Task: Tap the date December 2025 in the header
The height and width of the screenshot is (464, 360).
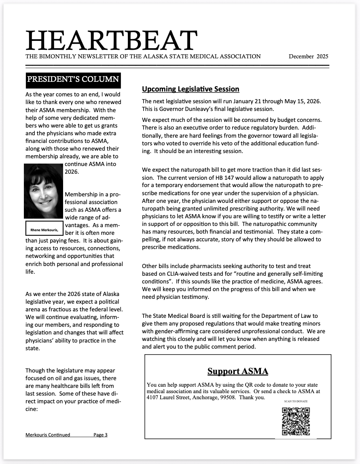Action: point(308,56)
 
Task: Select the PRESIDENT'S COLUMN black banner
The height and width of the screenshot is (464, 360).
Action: point(73,80)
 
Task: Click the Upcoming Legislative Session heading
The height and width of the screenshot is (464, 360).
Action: point(191,89)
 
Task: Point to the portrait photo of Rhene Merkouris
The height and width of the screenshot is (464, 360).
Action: point(43,191)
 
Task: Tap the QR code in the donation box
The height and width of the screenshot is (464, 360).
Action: point(296,421)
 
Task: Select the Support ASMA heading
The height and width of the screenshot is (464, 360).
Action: point(237,371)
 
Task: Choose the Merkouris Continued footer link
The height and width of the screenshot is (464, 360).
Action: point(48,435)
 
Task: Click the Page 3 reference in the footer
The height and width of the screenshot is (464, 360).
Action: point(101,435)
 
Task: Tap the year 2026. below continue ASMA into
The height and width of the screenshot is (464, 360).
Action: point(72,172)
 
